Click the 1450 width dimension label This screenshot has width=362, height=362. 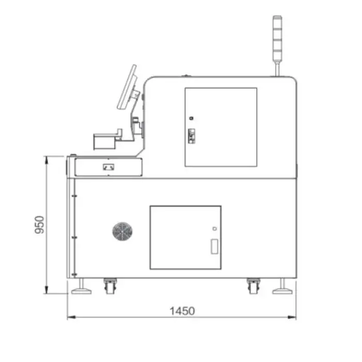coord(182,311)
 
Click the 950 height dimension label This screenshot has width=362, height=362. coord(39,224)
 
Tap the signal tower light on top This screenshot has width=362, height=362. coord(277,39)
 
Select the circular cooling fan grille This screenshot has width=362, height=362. coord(123,232)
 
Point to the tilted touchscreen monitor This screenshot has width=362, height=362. coord(127,87)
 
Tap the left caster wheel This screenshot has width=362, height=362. coord(110,286)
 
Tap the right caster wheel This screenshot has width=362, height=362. coord(253,286)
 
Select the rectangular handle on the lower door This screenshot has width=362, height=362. coord(215,247)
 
